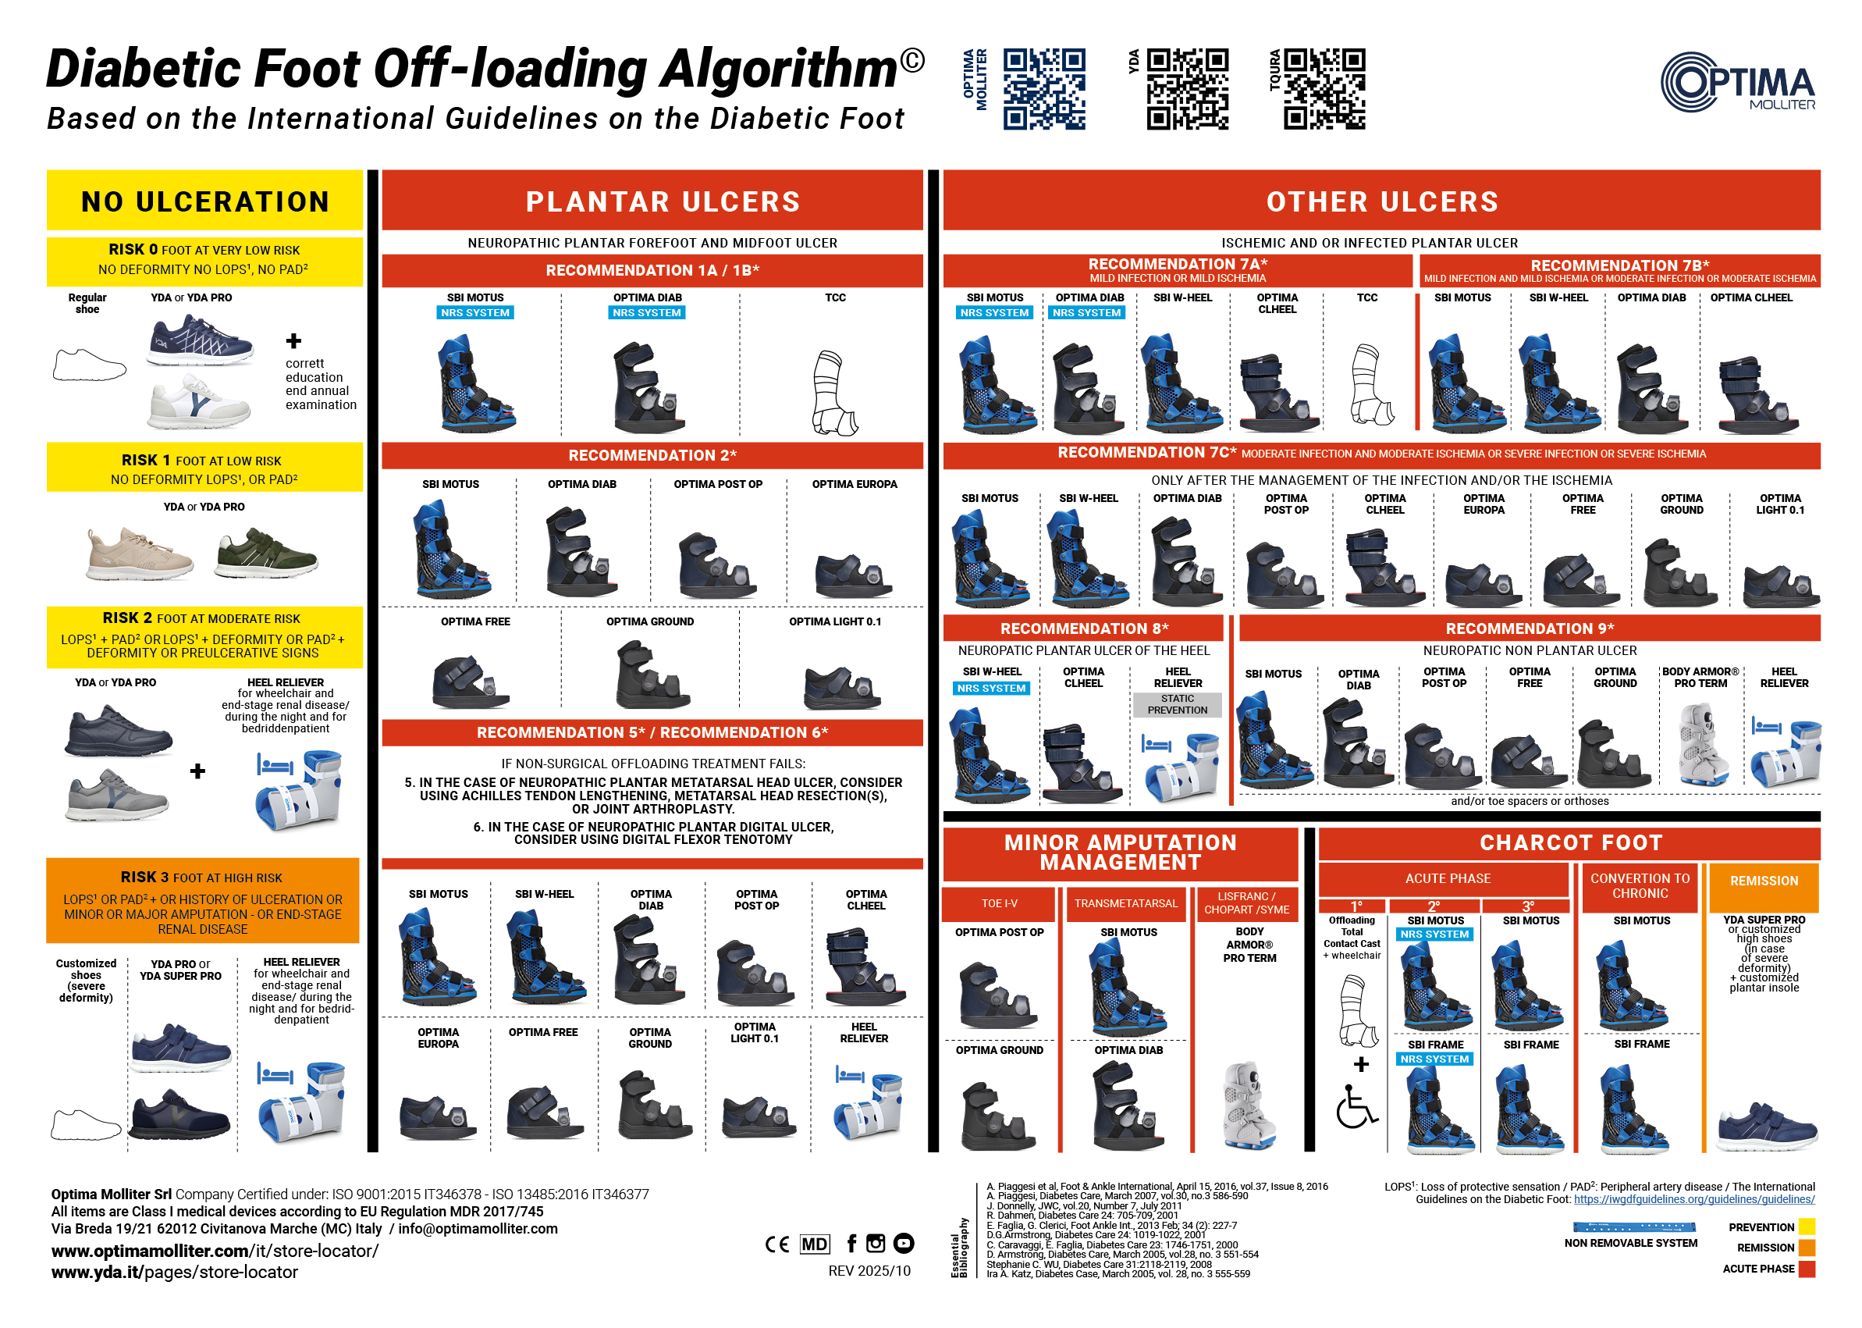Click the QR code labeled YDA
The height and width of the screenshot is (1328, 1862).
click(x=1187, y=89)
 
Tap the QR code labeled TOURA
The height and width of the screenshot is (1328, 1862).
click(x=1324, y=89)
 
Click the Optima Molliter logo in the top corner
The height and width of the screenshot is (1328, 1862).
click(x=1738, y=82)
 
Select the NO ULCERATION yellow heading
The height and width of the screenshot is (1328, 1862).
click(x=204, y=201)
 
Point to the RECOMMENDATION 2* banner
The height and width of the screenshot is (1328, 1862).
click(x=652, y=455)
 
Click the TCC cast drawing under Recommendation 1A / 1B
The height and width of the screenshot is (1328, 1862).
click(x=834, y=393)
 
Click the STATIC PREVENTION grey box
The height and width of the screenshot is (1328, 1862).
click(x=1177, y=704)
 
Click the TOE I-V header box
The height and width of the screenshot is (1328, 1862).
click(x=999, y=903)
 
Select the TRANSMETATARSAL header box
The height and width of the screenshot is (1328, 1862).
click(x=1125, y=903)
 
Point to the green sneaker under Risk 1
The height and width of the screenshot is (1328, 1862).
click(x=265, y=553)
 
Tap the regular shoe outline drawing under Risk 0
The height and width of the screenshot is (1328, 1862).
click(x=89, y=365)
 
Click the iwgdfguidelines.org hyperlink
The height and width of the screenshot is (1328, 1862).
click(x=1693, y=1199)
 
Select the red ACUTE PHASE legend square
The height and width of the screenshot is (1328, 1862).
click(x=1807, y=1269)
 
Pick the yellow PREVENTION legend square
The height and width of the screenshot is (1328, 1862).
click(x=1807, y=1227)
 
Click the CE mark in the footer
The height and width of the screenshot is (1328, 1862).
click(x=776, y=1244)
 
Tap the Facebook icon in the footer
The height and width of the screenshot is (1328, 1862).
click(x=851, y=1243)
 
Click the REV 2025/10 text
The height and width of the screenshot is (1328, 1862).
click(x=869, y=1271)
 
